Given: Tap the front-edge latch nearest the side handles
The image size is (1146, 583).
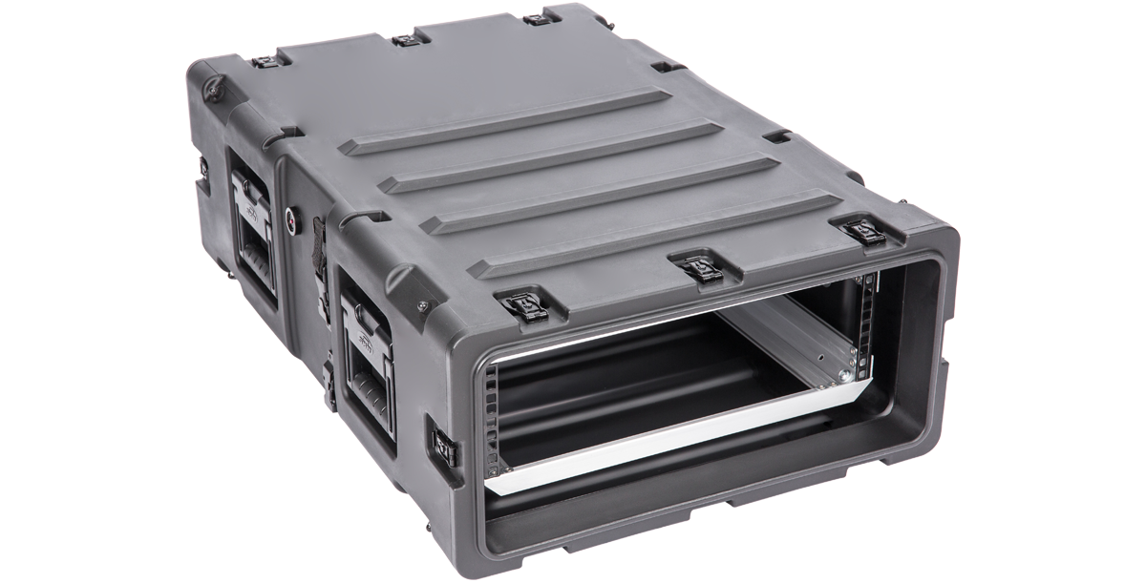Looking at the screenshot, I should coord(524,305).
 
